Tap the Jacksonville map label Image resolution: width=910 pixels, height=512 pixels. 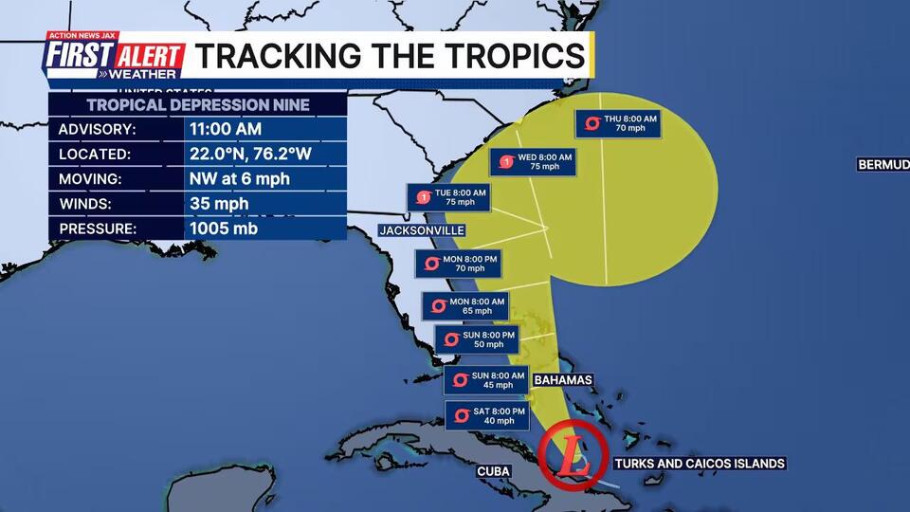coord(421,230)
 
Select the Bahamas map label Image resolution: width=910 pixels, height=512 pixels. coord(563,380)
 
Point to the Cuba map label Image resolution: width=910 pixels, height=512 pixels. coord(496,471)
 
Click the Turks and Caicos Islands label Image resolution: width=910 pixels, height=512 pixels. coord(700,464)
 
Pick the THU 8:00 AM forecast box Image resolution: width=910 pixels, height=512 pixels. coord(617,123)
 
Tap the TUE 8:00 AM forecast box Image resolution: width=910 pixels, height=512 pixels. coord(450,197)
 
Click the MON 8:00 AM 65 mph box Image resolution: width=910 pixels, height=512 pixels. coord(464,305)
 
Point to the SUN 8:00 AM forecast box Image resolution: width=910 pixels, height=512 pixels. coord(486,380)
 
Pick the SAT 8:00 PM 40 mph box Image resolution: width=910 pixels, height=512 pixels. coord(484,414)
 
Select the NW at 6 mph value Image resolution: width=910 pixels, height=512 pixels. coord(240,178)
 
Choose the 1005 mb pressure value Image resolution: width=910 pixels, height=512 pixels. coord(224,228)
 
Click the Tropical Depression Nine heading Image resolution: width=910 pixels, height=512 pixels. coord(198,104)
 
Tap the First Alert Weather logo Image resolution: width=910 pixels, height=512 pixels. coord(113,58)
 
